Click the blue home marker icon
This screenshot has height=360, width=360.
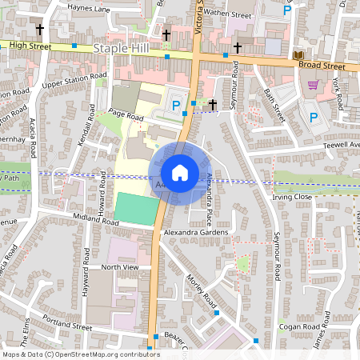click(x=180, y=173)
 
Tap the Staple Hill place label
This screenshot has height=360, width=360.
click(x=122, y=49)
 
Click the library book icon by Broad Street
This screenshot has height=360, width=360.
click(x=298, y=54)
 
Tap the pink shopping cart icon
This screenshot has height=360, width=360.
click(x=313, y=85)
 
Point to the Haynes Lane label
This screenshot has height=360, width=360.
click(x=89, y=9)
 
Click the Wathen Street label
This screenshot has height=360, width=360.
click(x=227, y=14)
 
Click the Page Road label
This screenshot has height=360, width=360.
click(x=126, y=117)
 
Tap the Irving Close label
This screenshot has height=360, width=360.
click(x=291, y=196)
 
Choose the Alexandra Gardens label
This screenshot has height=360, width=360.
click(x=196, y=232)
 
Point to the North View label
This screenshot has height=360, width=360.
click(x=120, y=267)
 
